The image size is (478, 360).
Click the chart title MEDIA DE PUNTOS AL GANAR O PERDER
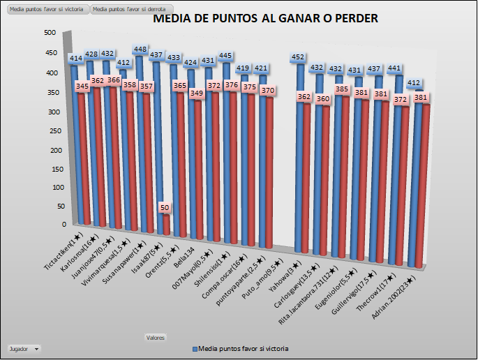pos(265,19)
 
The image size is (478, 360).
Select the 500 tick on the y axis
pos(50,33)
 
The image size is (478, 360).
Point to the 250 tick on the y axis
pos(50,129)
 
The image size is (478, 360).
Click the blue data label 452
pos(299,57)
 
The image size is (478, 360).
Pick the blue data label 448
pos(140,50)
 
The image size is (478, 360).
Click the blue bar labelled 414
pos(75,140)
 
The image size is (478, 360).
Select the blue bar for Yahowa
pos(300,160)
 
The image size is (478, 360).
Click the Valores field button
pos(155,338)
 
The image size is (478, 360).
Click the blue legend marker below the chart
pos(195,347)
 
